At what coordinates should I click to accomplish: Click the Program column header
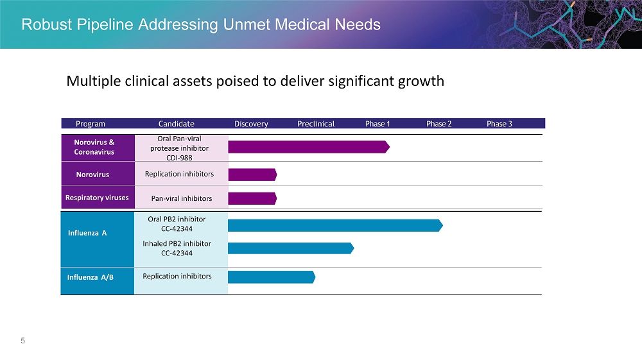91,124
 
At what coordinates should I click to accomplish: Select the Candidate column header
177,124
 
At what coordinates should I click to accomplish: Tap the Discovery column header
251,124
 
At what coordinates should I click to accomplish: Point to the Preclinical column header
316,124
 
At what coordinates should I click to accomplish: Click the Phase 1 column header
377,124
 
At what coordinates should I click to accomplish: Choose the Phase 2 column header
439,124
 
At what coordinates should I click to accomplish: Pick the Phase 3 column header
499,124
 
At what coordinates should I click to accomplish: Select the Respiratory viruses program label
97,198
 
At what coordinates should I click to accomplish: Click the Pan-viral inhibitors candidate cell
178,198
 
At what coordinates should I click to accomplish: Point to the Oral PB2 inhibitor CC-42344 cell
177,224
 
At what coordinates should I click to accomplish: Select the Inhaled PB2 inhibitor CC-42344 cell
177,248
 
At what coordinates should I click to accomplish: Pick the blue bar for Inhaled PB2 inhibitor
290,248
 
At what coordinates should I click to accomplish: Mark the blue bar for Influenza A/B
271,277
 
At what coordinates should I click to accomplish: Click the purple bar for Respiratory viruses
252,198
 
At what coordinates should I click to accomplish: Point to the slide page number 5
23,341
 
